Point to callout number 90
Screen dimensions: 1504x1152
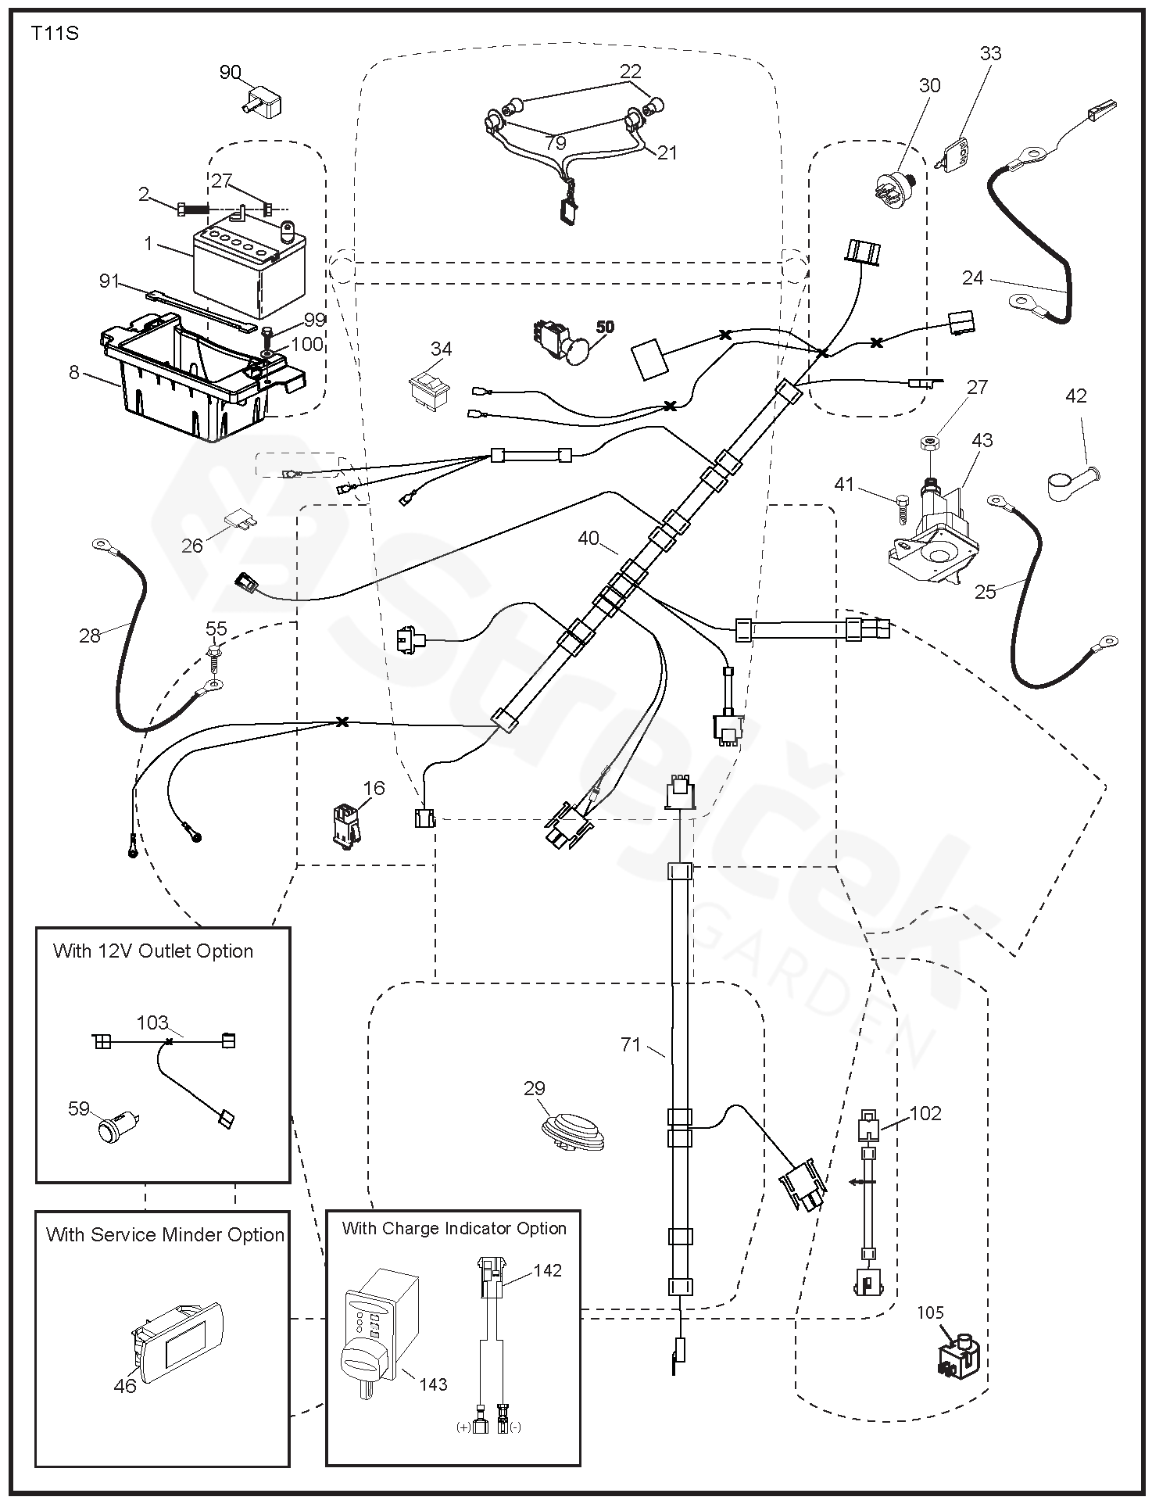pyautogui.click(x=230, y=73)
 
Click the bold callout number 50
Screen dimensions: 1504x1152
pyautogui.click(x=606, y=326)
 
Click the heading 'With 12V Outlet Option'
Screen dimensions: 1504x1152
pyautogui.click(x=153, y=951)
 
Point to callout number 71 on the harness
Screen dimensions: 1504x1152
pyautogui.click(x=631, y=1044)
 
